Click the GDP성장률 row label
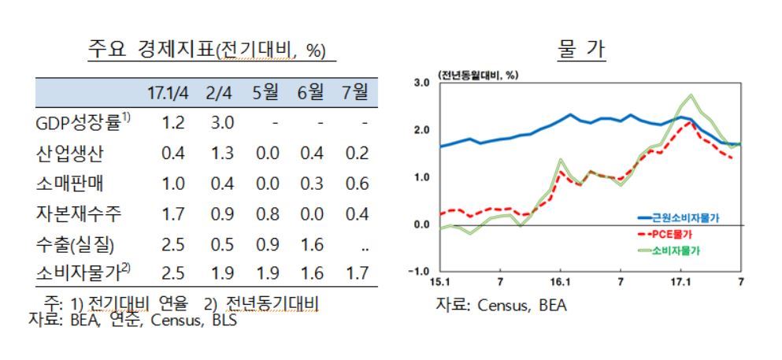point(82,123)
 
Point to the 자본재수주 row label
point(77,213)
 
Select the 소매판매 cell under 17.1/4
point(172,184)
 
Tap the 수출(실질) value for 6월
point(311,244)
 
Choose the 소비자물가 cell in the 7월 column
point(356,274)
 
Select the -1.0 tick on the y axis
point(417,272)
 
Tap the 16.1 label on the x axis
point(559,282)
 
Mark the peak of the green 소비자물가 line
point(691,95)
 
